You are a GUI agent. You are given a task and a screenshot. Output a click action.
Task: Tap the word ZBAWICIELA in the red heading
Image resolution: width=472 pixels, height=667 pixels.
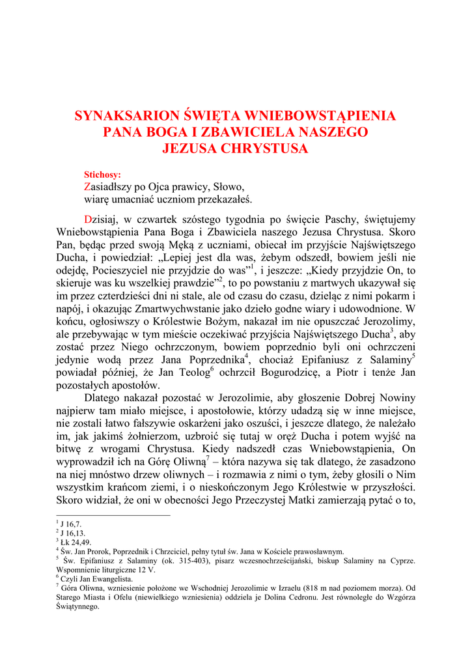[x=232, y=132]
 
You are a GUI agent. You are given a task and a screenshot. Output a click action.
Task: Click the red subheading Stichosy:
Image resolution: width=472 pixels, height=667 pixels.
[x=102, y=175]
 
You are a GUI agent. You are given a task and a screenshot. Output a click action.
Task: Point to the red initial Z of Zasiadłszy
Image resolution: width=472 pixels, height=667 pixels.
[x=87, y=186]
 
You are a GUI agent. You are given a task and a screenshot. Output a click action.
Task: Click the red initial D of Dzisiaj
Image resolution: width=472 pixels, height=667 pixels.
[x=89, y=219]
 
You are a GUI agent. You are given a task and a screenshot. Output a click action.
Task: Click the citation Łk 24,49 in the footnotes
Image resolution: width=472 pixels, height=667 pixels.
[x=75, y=541]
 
